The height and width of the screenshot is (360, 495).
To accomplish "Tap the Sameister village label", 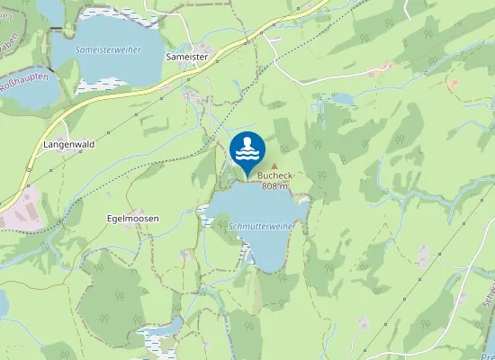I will [189, 56].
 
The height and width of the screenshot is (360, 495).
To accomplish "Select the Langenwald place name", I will [69, 144].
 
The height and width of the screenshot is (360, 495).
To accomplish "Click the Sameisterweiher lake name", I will [108, 49].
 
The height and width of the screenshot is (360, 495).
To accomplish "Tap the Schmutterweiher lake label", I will [261, 227].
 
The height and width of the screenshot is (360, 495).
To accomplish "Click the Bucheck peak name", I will [275, 176].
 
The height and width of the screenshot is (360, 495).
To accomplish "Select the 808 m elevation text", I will [275, 186].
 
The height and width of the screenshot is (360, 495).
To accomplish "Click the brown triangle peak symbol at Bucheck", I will [275, 166].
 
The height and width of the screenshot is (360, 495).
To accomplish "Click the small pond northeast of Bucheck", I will [344, 98].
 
